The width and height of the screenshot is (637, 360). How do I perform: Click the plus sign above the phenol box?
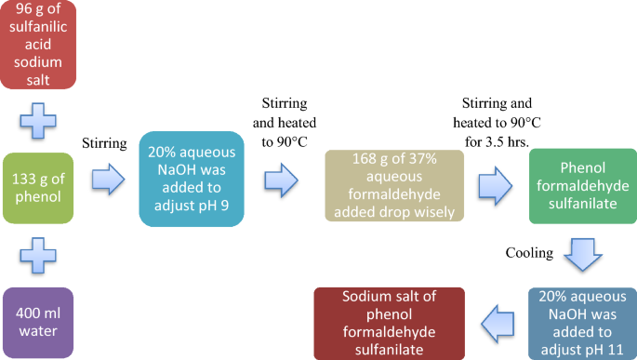(38, 118)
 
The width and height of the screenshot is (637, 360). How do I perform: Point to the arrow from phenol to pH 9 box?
(108, 178)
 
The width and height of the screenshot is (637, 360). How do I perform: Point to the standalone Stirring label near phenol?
(106, 144)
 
